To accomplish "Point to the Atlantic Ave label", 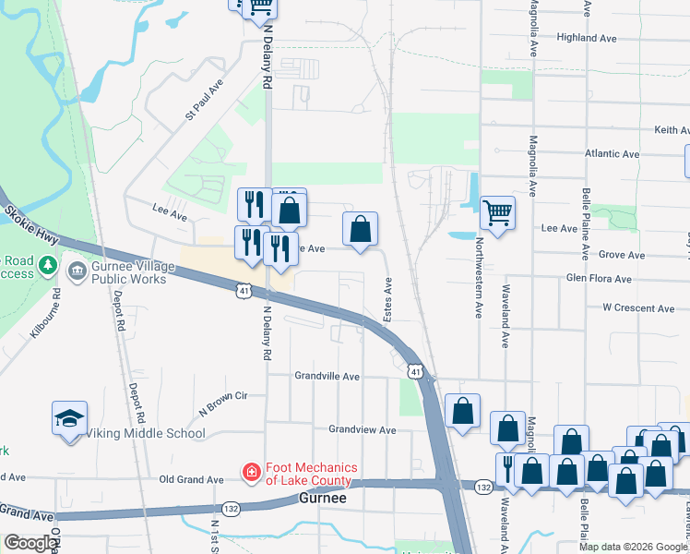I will (x=613, y=153).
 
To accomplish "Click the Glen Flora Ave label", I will (x=599, y=278).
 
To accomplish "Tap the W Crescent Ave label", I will (x=635, y=307).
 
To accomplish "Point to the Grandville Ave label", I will (x=327, y=377).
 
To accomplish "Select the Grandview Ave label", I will (x=363, y=430).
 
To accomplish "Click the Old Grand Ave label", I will (x=191, y=480).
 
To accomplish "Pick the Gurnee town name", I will (x=323, y=498).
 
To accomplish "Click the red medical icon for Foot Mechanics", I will (x=250, y=474).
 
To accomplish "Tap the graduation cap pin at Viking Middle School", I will (x=70, y=418).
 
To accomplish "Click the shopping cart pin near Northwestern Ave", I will (x=497, y=212).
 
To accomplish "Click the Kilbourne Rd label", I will (x=44, y=314).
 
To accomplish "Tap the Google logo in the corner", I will (x=30, y=544).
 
